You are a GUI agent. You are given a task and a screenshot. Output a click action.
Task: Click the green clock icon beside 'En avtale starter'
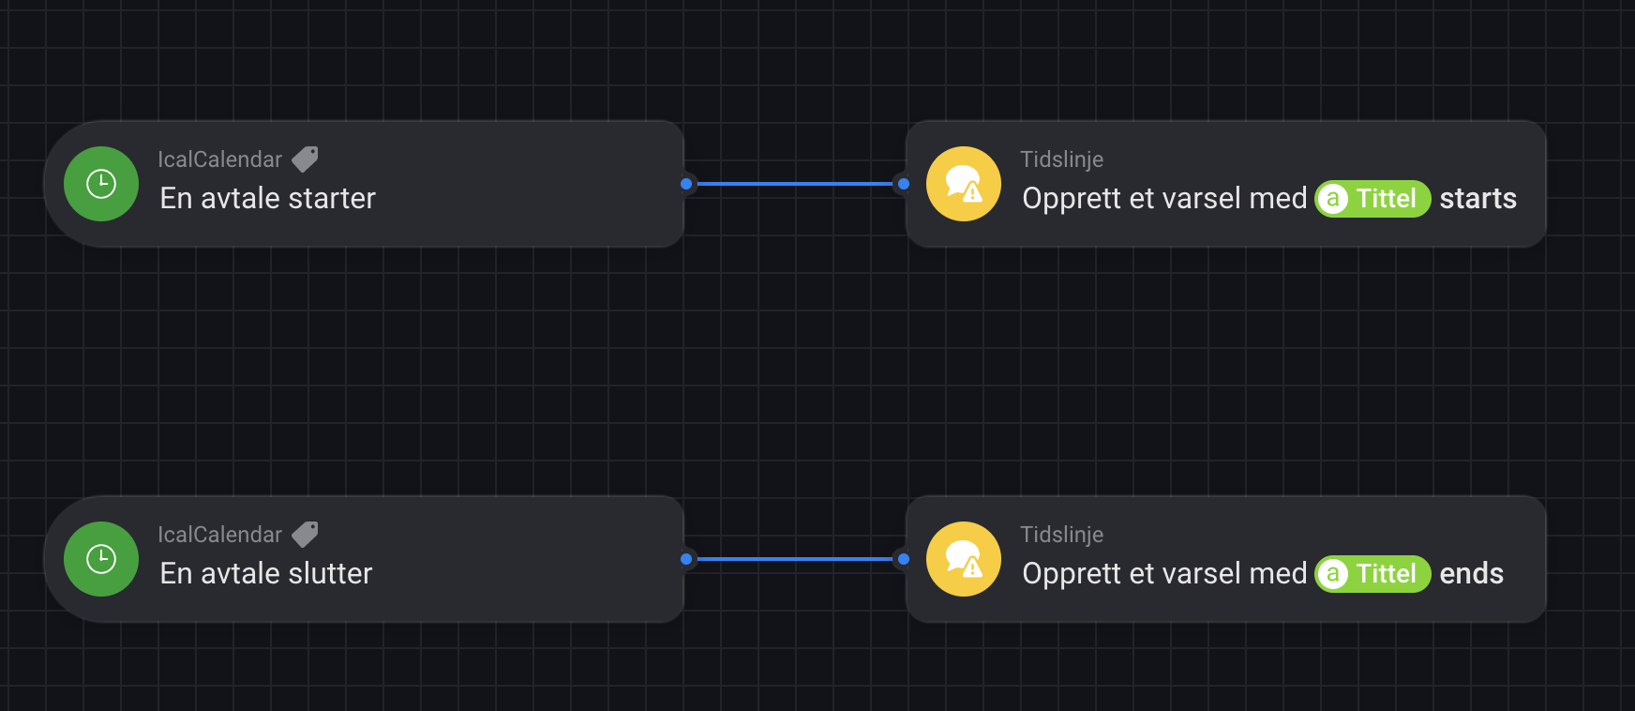[101, 184]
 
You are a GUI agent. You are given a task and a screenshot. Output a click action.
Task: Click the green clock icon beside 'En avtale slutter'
[101, 559]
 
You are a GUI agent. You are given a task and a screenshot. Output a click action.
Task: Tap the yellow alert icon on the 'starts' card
[964, 184]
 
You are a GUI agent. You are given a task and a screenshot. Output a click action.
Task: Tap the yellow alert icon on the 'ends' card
[964, 559]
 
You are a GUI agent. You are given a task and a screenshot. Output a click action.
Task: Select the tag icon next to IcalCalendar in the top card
[305, 159]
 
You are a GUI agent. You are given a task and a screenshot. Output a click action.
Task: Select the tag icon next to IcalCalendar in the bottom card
[305, 535]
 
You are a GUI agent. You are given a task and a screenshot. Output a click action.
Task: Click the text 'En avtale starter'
[267, 199]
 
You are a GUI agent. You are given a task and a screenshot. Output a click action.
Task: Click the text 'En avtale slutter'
[266, 574]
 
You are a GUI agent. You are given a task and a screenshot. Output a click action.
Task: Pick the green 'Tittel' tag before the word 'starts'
[1372, 199]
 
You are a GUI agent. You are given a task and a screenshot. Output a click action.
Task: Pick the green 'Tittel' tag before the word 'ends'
[1372, 574]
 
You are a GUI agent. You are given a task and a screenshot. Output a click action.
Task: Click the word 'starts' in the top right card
[1477, 199]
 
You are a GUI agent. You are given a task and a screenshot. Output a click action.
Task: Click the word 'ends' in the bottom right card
[1471, 574]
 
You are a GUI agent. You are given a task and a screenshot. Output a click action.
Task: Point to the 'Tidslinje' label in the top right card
[1061, 159]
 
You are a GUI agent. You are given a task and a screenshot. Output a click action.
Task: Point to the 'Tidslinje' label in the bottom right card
[1061, 535]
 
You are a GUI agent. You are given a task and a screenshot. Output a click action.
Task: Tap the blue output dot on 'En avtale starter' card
[686, 184]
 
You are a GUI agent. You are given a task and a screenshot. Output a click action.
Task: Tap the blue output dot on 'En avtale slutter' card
[686, 559]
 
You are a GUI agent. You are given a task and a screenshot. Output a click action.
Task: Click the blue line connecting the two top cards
[795, 184]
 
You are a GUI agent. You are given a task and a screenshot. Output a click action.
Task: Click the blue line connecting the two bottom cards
[795, 559]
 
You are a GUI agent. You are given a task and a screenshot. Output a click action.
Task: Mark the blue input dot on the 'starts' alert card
[904, 184]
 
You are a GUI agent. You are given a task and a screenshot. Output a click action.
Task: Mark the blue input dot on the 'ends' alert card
[904, 559]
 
